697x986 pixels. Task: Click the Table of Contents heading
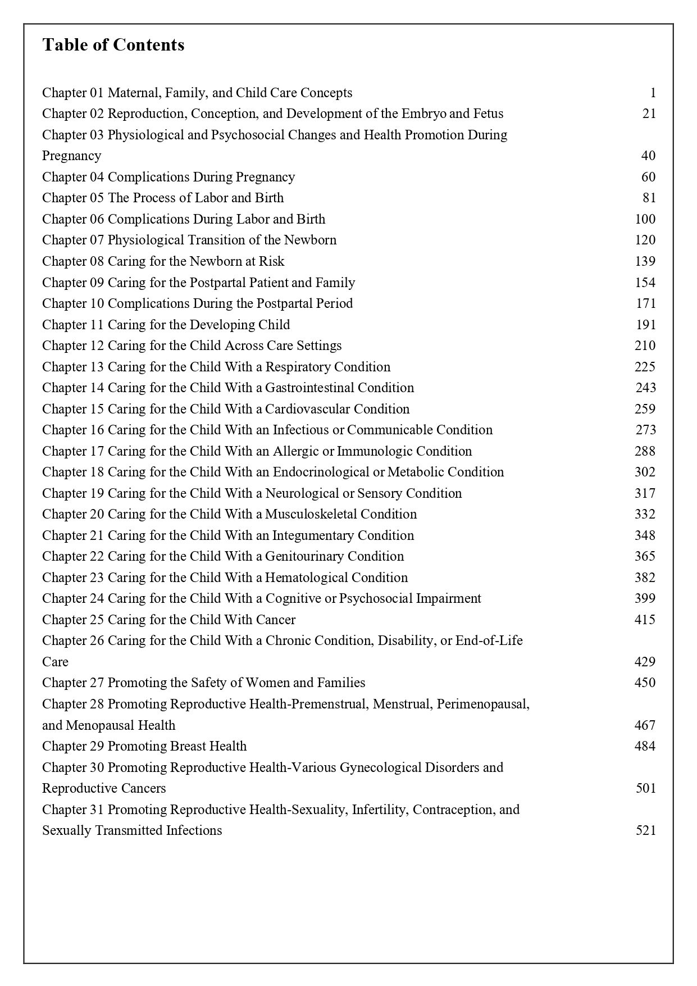pos(113,45)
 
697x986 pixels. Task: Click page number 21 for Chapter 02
pos(649,113)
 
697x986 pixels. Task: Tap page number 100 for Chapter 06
pos(645,219)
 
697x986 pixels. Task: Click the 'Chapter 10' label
pos(73,303)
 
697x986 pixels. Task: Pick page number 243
pos(645,388)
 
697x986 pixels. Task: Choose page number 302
pos(645,472)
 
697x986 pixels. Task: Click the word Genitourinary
pos(304,556)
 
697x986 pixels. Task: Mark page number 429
pos(645,662)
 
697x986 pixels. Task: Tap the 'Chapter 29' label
pos(73,746)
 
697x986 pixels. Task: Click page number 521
pos(645,830)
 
